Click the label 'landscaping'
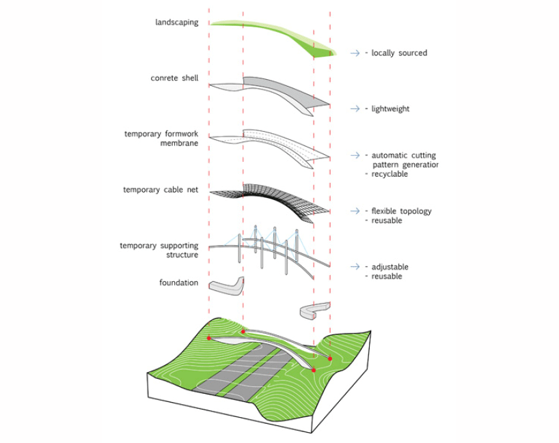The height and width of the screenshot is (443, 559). [176, 23]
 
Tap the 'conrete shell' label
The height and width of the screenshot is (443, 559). [174, 78]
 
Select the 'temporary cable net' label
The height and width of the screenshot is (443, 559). [161, 190]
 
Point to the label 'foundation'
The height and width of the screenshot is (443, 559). [179, 283]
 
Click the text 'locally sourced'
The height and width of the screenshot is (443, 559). [399, 53]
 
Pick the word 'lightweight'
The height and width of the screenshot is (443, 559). [390, 109]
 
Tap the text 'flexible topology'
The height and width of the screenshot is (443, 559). [401, 211]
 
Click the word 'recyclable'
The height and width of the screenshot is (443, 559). [390, 174]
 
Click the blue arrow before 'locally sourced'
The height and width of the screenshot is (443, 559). [355, 53]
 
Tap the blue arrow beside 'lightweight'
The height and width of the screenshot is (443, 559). [355, 109]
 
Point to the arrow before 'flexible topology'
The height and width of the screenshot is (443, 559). [355, 211]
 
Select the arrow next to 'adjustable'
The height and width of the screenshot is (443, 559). [355, 267]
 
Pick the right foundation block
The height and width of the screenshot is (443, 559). [314, 312]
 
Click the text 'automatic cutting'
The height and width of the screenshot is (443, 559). [403, 156]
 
